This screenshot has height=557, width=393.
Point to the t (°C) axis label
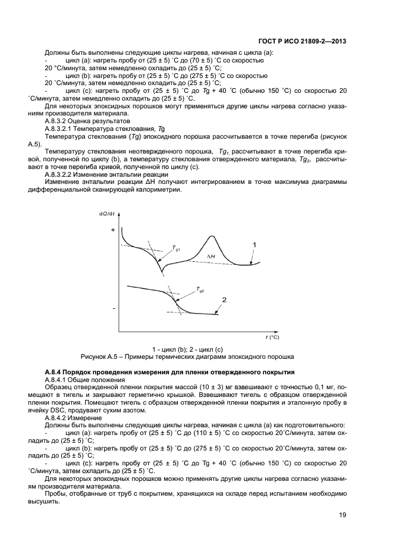[272, 337]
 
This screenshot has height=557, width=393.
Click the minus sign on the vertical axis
[113, 309]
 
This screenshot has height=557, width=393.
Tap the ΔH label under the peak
[210, 256]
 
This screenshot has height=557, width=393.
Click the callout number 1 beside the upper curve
[254, 244]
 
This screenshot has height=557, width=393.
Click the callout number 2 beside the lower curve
[224, 299]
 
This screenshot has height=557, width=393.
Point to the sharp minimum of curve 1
[162, 274]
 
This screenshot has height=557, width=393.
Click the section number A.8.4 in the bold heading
[54, 372]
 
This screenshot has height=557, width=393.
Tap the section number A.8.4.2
[57, 418]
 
